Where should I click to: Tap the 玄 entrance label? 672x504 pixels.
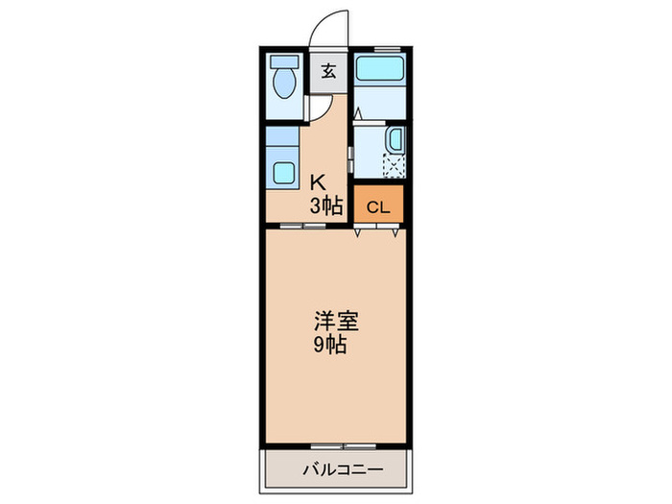328,71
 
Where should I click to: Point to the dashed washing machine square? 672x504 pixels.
394,165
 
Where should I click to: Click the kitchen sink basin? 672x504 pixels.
284,173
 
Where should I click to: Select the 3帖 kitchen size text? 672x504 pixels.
325,204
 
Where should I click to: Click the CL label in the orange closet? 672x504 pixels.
378,205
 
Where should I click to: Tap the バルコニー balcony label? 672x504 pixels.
344,470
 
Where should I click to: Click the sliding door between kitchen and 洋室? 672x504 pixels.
303,227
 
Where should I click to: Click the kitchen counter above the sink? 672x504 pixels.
284,145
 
